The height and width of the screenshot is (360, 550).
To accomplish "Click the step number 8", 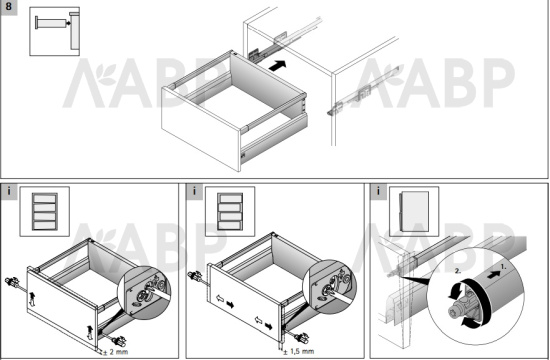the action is coord(8,7).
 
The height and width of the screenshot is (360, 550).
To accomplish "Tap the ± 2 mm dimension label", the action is coord(115,351).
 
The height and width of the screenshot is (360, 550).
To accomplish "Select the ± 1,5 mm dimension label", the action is coord(299,351).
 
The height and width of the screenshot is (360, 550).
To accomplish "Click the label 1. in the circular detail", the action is coord(503,267).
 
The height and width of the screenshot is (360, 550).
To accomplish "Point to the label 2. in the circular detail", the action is coord(458,271).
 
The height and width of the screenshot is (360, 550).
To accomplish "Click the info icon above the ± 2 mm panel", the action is coord(9,191).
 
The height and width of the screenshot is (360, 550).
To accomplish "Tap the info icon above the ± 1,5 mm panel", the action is coord(194,191).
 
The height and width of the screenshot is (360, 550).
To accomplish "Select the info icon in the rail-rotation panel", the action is coord(378,191).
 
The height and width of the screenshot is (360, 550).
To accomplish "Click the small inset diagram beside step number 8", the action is coord(54,31).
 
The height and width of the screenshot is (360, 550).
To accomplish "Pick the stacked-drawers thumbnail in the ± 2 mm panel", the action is coord(45,211).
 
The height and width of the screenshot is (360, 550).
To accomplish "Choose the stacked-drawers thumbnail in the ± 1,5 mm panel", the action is coord(230,211).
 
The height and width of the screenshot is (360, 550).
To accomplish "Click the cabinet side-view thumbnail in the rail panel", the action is coord(414,211).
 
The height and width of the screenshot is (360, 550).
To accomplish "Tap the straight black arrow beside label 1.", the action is coord(494,275).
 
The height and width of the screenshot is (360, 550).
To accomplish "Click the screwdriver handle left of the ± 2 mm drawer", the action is coord(12,281).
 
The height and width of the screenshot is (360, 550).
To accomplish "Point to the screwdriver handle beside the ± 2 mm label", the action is coord(119,340).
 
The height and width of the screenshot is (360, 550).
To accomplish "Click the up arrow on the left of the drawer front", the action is coord(33,299).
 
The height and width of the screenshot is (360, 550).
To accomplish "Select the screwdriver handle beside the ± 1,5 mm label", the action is coord(302,339).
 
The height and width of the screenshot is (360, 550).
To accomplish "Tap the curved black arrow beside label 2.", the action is coord(452,293).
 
